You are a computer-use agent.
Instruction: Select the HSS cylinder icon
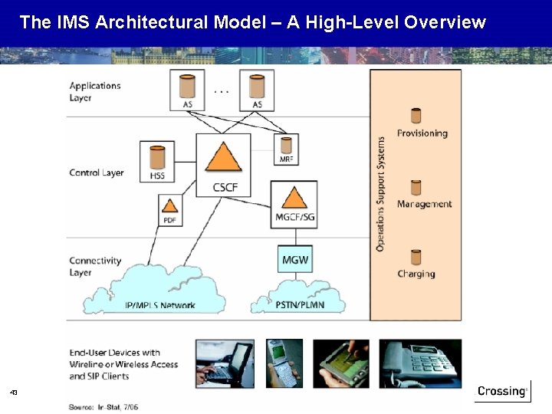[x=157, y=156]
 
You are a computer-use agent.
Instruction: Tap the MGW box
[x=295, y=259]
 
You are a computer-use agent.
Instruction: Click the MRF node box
[x=286, y=147]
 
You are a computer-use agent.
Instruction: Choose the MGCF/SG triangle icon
[x=294, y=196]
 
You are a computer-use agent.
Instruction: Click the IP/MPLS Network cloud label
[x=159, y=305]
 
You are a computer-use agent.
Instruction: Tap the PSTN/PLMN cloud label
[x=295, y=305]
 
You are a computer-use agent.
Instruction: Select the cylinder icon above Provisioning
[x=416, y=116]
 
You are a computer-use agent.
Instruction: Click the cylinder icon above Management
[x=416, y=187]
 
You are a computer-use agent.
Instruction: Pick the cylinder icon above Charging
[x=416, y=257]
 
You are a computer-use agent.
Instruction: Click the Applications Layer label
[x=95, y=91]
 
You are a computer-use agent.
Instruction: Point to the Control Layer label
[x=96, y=172]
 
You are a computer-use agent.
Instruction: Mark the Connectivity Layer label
[x=95, y=266]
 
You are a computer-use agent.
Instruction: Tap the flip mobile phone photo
[x=284, y=363]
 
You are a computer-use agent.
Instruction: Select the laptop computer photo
[x=225, y=363]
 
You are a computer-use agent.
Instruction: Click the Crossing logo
[x=502, y=391]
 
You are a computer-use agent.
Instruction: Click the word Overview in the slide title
[x=445, y=22]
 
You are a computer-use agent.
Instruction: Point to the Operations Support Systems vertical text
[x=381, y=194]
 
